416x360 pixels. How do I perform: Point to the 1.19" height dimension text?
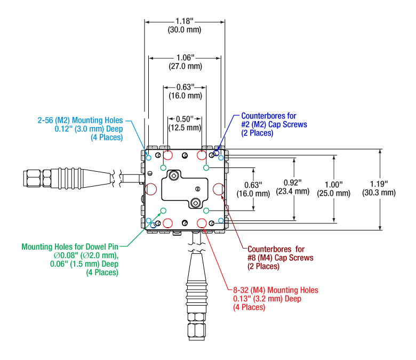pos(379,184)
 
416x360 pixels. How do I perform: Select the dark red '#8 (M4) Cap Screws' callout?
pos(280,258)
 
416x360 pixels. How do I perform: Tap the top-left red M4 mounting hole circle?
pos(167,156)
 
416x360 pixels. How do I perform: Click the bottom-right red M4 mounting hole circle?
pos(202,222)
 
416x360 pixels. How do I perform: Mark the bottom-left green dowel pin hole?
pos(163,211)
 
